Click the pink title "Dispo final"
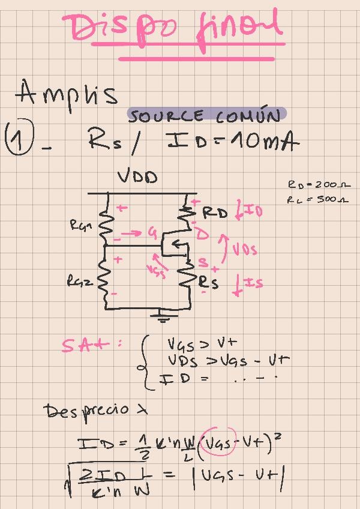[x=174, y=29]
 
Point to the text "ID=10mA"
[x=232, y=142]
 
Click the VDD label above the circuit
[x=137, y=177]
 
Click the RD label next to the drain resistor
[x=215, y=212]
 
